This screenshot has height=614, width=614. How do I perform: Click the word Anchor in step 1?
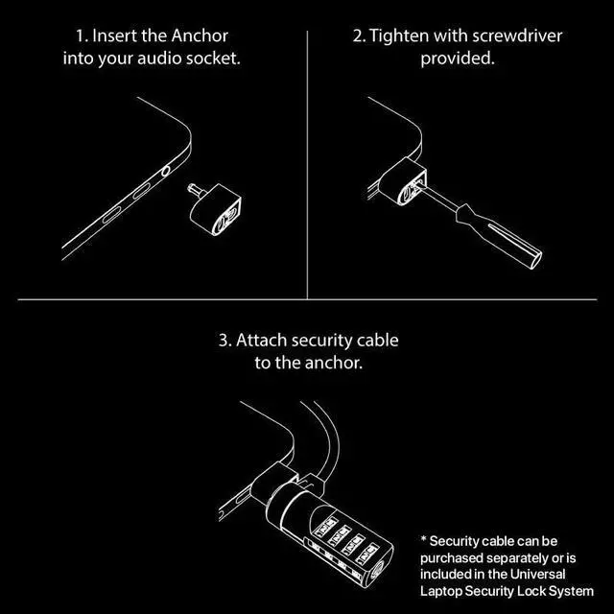(201, 37)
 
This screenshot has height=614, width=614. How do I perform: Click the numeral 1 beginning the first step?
(80, 37)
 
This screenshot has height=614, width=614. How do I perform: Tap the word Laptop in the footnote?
(443, 590)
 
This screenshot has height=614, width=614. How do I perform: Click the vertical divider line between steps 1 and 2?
(307, 163)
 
